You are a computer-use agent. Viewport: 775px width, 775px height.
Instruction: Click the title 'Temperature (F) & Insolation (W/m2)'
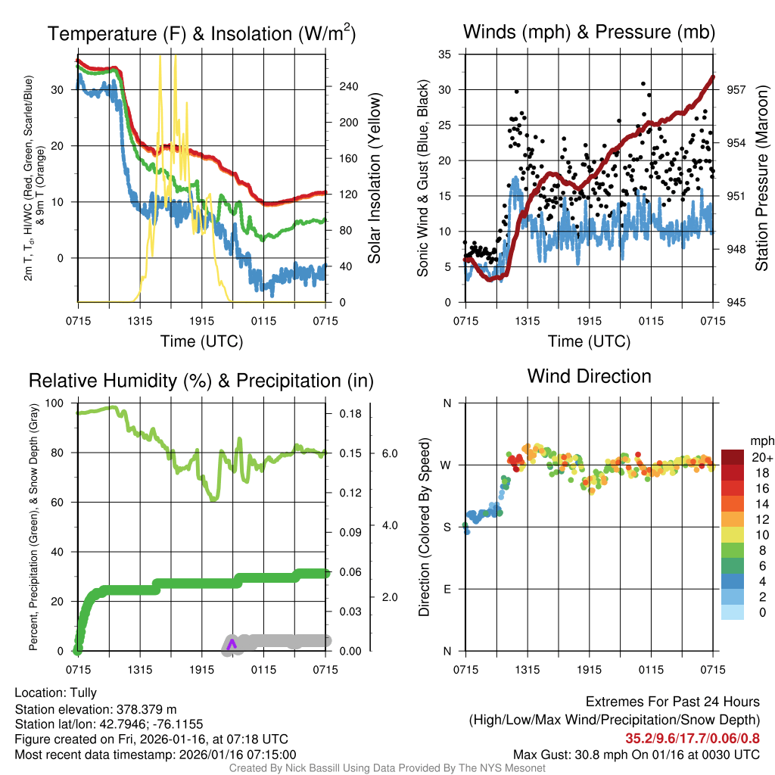click(201, 33)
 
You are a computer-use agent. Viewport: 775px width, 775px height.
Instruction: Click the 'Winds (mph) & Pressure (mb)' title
click(589, 32)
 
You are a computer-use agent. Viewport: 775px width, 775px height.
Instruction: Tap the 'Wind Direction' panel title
click(589, 376)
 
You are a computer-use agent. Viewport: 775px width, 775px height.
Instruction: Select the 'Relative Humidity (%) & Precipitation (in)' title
click(201, 381)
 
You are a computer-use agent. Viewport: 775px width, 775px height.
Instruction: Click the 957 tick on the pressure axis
click(735, 89)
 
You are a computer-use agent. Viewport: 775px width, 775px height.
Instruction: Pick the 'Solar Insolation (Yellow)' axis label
click(374, 179)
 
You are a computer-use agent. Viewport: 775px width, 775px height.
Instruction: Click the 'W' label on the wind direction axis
click(447, 465)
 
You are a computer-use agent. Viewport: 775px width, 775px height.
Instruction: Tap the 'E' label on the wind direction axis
click(447, 589)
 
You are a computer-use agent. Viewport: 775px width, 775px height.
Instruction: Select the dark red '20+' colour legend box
click(733, 456)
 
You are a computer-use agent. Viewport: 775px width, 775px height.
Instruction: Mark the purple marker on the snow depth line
click(232, 643)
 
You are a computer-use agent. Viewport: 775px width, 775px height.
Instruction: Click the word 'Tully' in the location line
click(83, 693)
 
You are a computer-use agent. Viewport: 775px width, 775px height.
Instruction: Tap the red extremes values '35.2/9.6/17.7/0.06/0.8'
click(693, 738)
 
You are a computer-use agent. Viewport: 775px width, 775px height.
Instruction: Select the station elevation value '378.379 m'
click(146, 709)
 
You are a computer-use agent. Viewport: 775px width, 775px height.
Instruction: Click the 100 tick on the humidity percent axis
click(56, 403)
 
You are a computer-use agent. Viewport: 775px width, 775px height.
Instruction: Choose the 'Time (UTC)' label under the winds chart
click(589, 341)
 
